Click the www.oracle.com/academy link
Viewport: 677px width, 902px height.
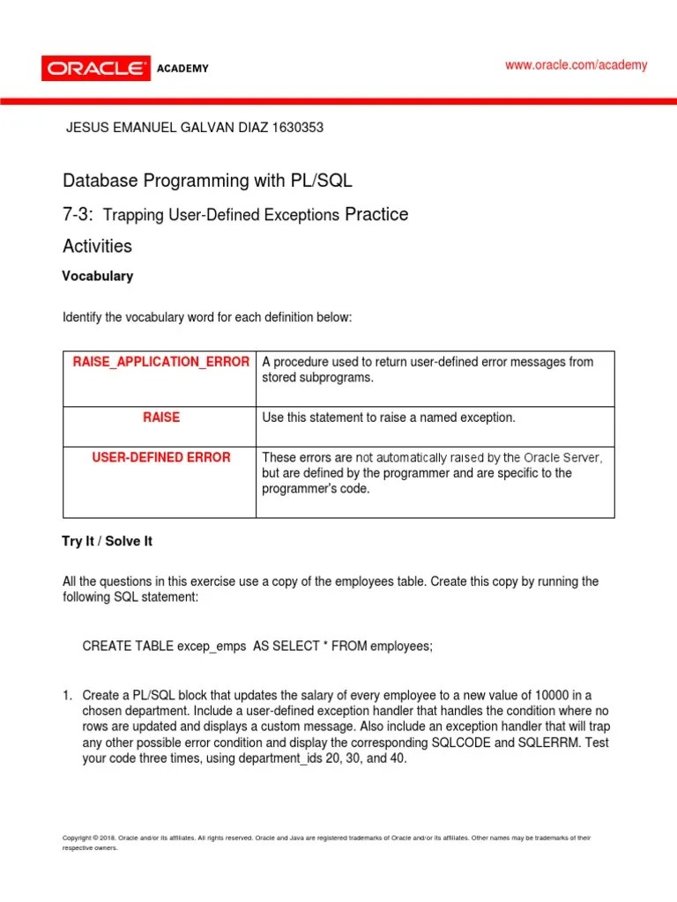(576, 65)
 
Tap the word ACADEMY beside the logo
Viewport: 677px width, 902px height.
(182, 69)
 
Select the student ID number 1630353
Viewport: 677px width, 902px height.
(294, 127)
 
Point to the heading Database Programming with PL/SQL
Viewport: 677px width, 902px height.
(207, 181)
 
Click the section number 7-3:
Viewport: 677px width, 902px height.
(78, 214)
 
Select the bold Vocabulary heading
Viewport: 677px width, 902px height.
(97, 276)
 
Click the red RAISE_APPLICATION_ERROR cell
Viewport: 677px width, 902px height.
(160, 362)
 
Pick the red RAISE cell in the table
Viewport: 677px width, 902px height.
(161, 418)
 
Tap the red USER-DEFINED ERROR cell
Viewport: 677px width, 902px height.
(161, 457)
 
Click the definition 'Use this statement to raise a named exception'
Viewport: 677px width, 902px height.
(388, 418)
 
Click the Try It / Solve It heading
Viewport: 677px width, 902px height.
(107, 541)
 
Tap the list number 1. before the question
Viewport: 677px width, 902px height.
(68, 695)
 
